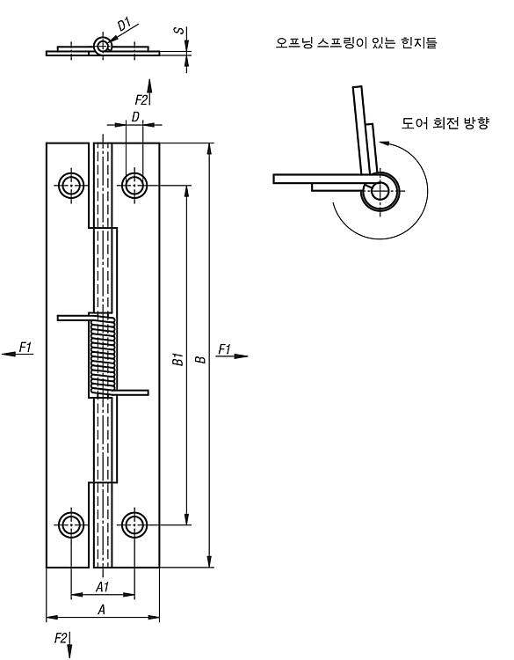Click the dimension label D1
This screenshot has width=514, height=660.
125,25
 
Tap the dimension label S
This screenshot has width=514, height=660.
179,31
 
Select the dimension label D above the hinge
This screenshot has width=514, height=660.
135,116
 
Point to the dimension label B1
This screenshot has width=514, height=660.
178,359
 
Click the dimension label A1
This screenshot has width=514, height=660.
103,586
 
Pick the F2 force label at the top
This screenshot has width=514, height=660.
141,100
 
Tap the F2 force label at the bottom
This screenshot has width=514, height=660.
61,638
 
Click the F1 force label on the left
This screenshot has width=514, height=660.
25,348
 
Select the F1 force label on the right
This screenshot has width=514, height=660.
225,349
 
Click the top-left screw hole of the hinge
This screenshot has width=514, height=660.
71,185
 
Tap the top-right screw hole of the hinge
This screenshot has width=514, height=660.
134,185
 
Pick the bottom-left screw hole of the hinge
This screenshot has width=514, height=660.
71,524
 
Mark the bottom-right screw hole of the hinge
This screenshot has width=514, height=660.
134,524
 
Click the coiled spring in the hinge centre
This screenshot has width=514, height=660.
103,354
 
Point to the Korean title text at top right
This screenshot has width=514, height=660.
357,42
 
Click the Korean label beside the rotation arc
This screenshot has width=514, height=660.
445,123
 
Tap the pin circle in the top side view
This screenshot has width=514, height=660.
102,46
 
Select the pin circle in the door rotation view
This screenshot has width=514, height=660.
380,192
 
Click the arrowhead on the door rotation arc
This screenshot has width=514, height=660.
384,143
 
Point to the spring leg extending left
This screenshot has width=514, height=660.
74,318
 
